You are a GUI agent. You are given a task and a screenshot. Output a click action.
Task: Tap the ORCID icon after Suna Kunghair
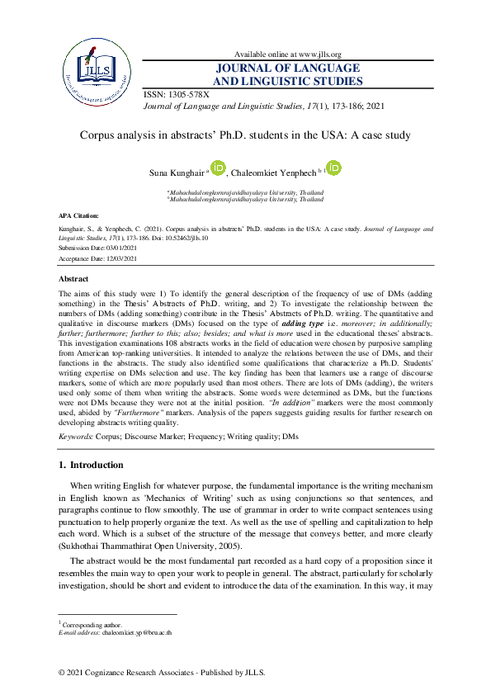218,168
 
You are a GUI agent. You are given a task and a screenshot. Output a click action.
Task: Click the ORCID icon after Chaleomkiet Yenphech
333,168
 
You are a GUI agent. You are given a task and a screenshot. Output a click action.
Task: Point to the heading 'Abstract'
76,280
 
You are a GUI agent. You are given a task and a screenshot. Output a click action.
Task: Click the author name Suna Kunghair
174,173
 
